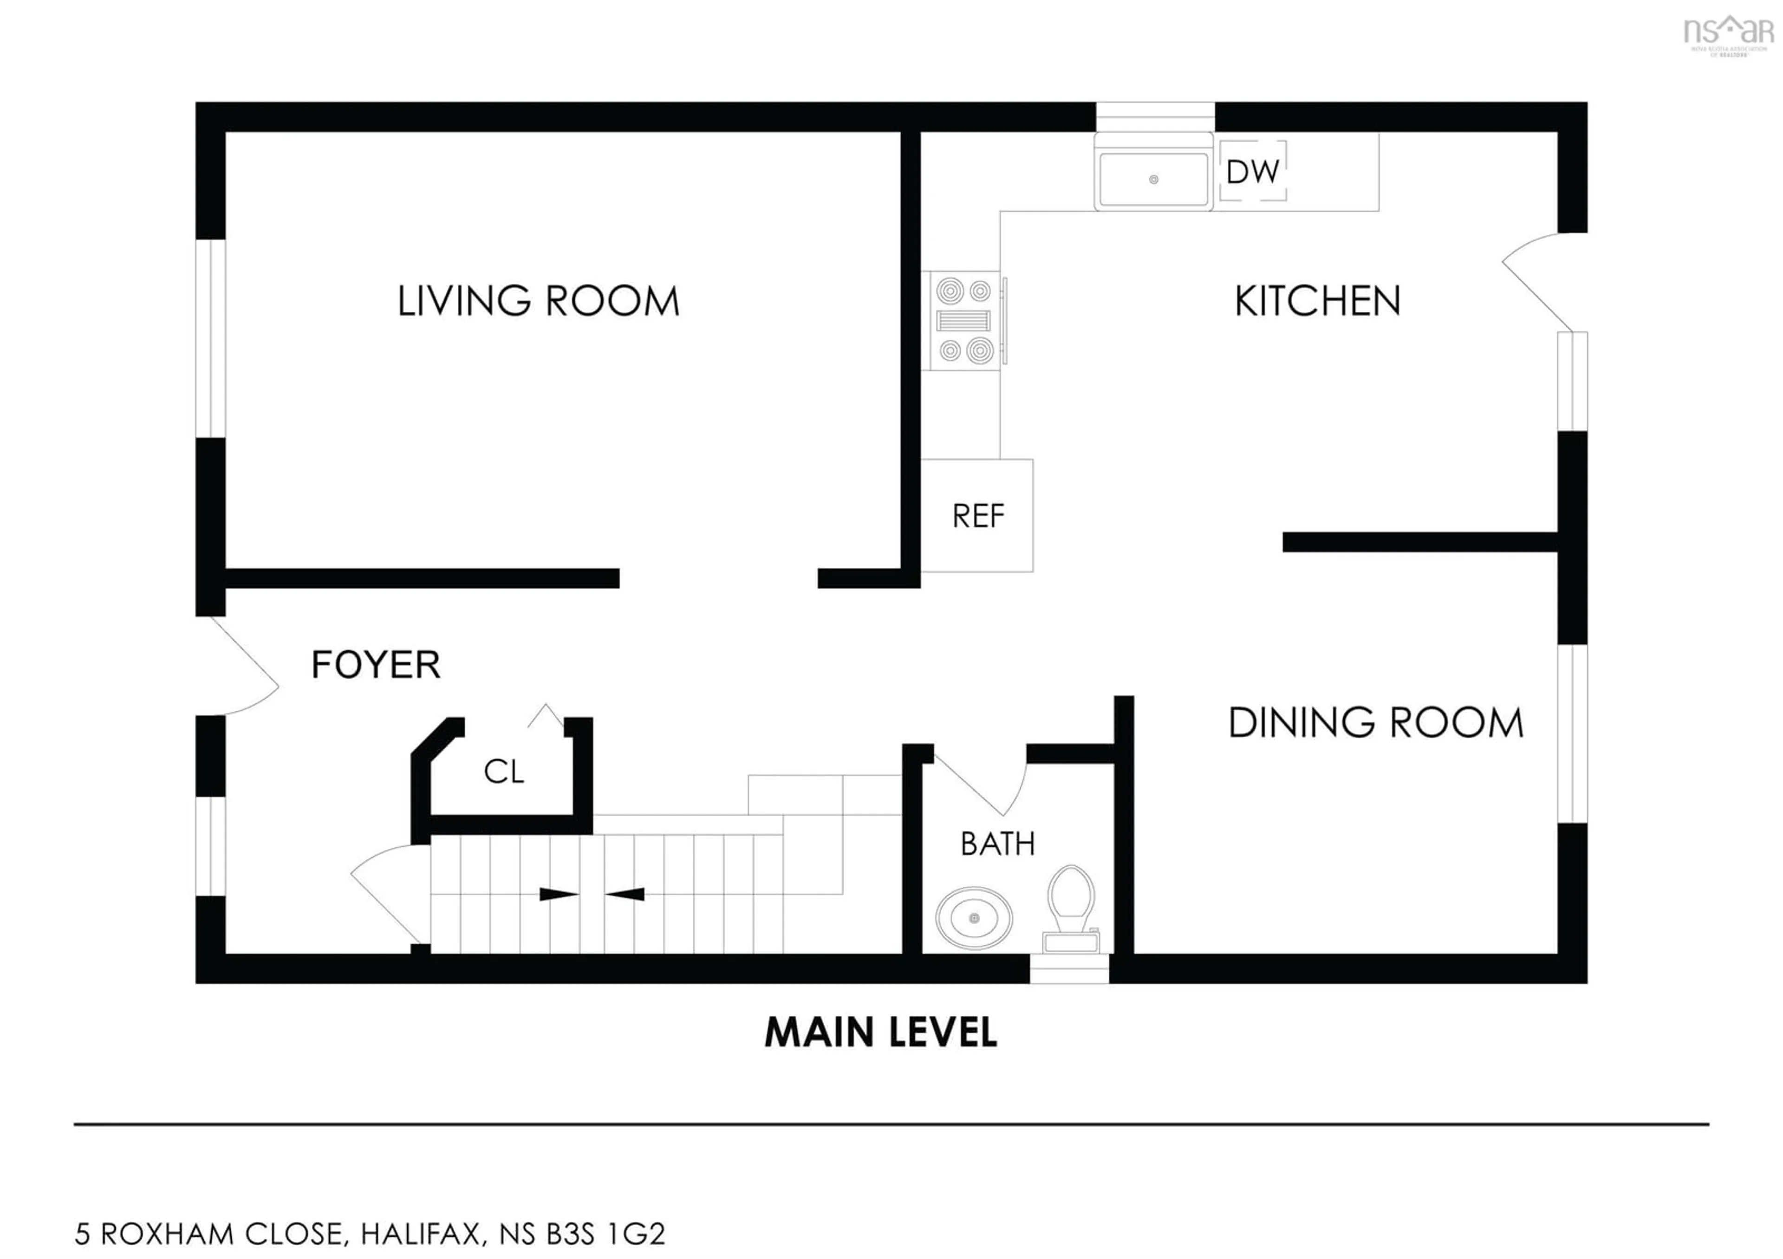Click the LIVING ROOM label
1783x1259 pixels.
[538, 301]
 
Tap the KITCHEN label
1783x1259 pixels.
[1317, 301]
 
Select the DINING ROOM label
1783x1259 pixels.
[1375, 723]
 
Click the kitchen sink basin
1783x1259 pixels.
[1153, 179]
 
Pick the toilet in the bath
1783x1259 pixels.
[1071, 907]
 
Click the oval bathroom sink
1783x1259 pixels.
[974, 918]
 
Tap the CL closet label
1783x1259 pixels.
[503, 772]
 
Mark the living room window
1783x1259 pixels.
[210, 338]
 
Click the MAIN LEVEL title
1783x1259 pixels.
[881, 1032]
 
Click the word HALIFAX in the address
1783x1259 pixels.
[423, 1233]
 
